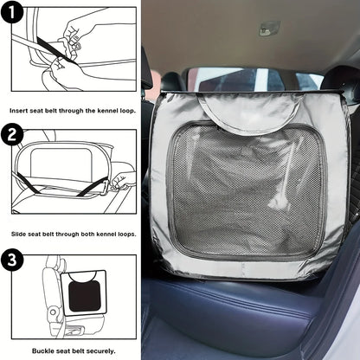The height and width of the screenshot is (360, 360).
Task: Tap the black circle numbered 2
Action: click(x=12, y=134)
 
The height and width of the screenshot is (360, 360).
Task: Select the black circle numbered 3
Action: click(x=12, y=260)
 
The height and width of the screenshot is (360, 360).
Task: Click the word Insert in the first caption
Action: click(x=19, y=111)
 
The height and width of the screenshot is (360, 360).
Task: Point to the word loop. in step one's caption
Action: click(x=127, y=111)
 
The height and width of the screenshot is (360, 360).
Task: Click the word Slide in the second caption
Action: click(x=18, y=234)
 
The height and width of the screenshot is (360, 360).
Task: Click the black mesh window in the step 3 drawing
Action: click(x=85, y=296)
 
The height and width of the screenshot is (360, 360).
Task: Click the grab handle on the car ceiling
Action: click(x=269, y=28)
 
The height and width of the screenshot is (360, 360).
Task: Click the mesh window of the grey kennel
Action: click(x=247, y=190)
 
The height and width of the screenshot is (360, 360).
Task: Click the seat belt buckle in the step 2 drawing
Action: click(x=107, y=187)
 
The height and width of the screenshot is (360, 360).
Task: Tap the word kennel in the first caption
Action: click(x=107, y=111)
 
